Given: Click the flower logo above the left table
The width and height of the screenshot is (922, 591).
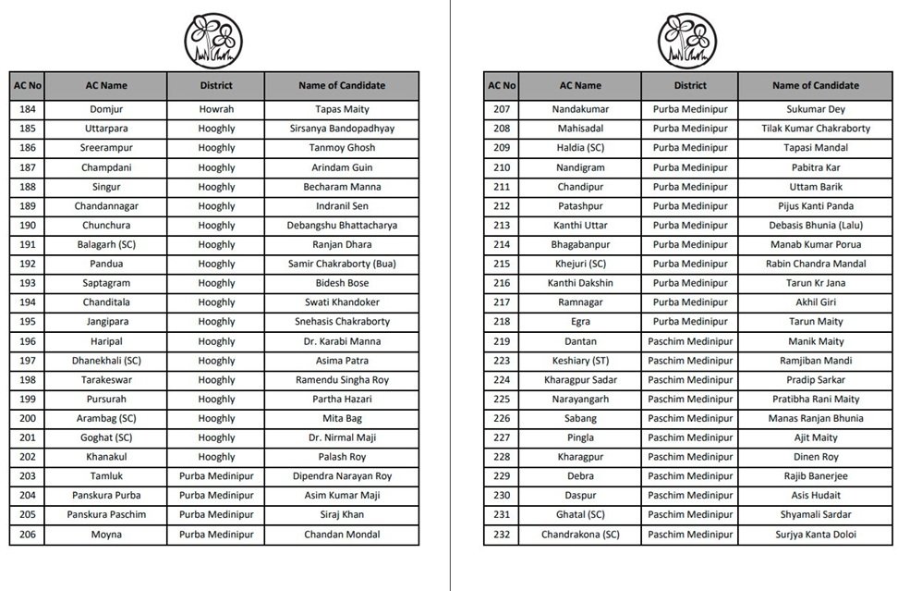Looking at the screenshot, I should pos(213,39).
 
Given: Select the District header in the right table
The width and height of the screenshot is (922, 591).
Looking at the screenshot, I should pos(690,86).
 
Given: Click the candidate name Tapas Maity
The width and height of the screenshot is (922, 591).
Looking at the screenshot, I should pos(342,109).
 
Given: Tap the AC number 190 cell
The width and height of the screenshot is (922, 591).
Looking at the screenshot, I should pos(27,226).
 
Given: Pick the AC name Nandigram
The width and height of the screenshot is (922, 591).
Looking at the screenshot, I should pos(579,167).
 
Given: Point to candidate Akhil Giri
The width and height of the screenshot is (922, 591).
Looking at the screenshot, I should pos(816,302).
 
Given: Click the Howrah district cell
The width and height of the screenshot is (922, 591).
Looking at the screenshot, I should pos(216,109).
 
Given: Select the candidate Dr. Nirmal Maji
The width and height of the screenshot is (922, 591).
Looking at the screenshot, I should pos(342,438).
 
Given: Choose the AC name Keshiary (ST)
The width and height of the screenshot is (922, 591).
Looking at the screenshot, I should pos(579,361).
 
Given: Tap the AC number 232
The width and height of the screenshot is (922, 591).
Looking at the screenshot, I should pos(502,535).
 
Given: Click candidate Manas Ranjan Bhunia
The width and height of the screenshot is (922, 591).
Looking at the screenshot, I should pos(816,419).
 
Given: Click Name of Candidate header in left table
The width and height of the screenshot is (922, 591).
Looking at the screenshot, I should pos(342,86).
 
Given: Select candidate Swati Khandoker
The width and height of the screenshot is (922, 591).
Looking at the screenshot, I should pos(342,302).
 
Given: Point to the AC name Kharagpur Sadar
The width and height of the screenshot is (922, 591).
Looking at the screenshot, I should pos(579,380).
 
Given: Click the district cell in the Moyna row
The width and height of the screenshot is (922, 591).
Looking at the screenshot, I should pos(216,535).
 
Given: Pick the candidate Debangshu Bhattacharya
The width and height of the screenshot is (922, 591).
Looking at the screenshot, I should pos(342,226).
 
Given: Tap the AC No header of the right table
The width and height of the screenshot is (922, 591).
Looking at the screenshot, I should pos(502,86).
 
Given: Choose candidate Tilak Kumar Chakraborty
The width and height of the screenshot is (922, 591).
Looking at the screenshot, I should pos(816,129).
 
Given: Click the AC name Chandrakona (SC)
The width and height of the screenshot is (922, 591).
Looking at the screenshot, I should pos(579,535).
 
